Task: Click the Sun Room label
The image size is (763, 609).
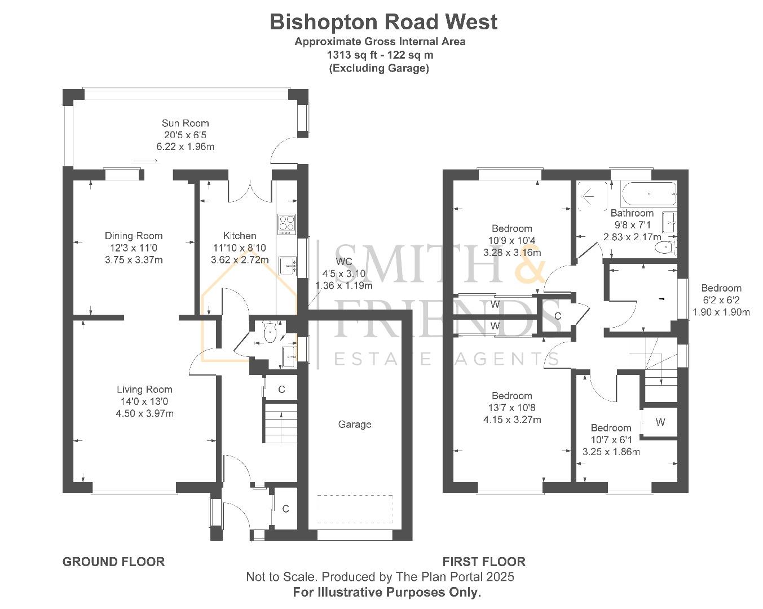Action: [x=185, y=123]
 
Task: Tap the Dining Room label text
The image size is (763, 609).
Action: [x=134, y=236]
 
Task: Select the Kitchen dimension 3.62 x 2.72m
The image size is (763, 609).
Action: [x=240, y=260]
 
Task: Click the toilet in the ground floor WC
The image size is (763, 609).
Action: [x=270, y=332]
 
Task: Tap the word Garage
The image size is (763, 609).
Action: [x=355, y=424]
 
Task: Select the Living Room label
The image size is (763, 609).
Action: [x=144, y=389]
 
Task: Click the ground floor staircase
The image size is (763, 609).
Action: [x=280, y=423]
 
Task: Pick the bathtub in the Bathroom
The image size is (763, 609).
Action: [x=649, y=194]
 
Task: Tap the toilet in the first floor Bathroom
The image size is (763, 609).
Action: [x=669, y=246]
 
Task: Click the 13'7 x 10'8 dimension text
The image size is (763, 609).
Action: [x=512, y=408]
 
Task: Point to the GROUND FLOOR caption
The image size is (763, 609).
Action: [x=113, y=562]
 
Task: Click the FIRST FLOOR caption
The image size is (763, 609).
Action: [x=484, y=562]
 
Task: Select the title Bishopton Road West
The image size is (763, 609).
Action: [x=383, y=22]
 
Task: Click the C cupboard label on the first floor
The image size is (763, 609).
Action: [x=558, y=316]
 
